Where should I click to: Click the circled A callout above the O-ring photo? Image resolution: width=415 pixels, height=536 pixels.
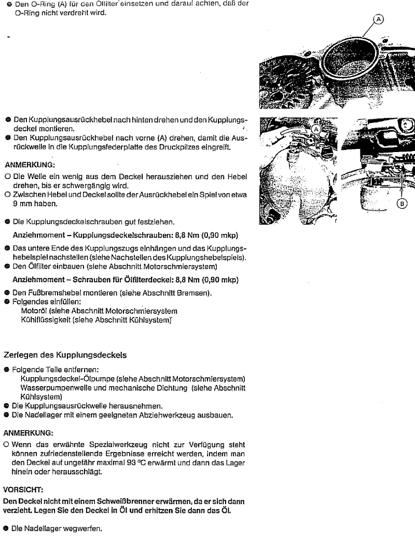click(379, 19)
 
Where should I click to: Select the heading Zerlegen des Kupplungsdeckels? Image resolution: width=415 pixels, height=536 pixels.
click(65, 356)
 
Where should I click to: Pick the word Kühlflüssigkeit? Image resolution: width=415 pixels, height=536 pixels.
click(47, 320)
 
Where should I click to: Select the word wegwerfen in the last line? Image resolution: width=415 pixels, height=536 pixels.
click(84, 529)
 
